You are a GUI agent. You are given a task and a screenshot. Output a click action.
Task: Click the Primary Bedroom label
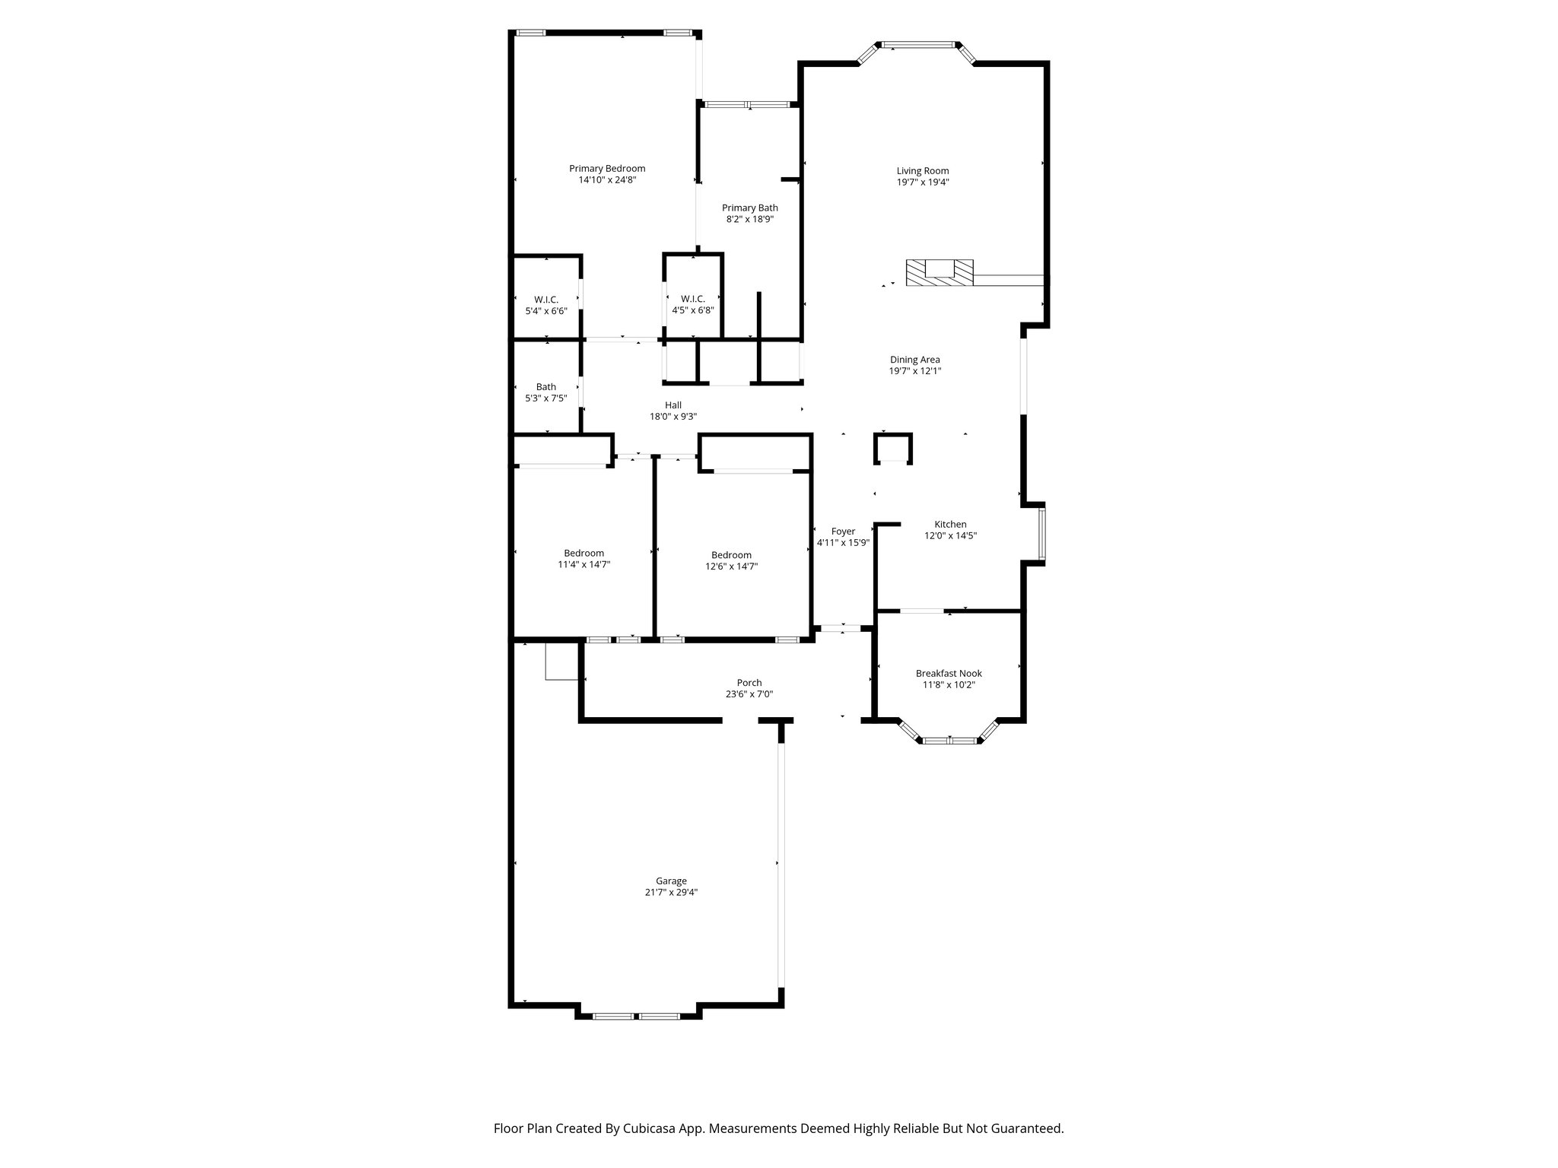click(x=607, y=169)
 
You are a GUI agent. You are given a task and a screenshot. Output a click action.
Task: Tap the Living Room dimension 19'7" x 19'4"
click(x=922, y=182)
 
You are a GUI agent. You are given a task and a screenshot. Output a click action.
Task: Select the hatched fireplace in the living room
click(x=940, y=272)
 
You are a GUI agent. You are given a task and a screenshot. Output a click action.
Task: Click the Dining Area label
click(x=914, y=360)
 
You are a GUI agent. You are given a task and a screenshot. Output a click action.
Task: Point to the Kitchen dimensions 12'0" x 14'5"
click(x=950, y=536)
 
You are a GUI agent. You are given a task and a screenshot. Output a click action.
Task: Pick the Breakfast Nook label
click(x=949, y=674)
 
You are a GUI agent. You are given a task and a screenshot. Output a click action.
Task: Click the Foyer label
click(x=843, y=532)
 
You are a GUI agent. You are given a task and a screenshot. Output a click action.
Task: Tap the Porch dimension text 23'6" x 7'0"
click(x=749, y=694)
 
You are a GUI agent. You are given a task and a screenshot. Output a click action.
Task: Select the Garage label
click(x=671, y=881)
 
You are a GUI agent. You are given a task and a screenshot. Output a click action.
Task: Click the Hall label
click(x=672, y=405)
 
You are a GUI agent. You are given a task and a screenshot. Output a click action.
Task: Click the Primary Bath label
click(x=749, y=208)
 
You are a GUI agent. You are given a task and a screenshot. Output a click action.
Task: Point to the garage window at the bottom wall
click(x=636, y=1016)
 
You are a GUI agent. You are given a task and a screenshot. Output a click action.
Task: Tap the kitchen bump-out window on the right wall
click(x=1042, y=533)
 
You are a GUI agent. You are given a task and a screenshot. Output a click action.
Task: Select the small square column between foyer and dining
click(x=892, y=448)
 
